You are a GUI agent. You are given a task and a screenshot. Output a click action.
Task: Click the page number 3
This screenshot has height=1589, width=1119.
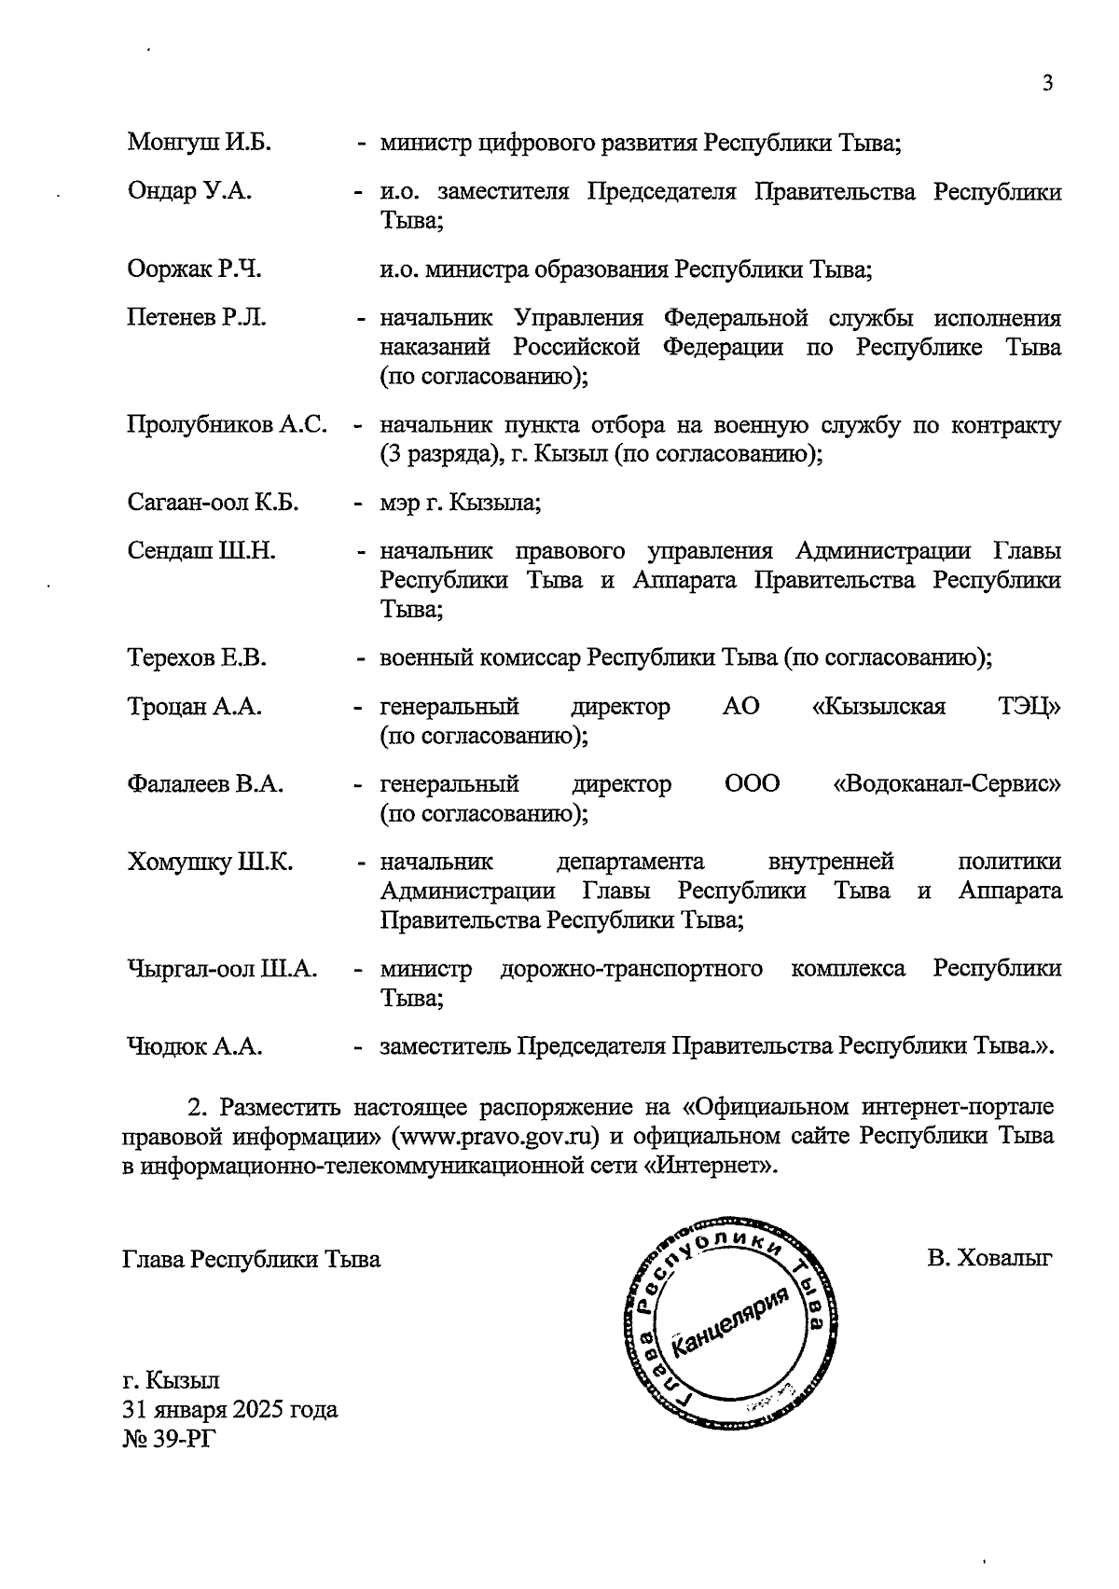pyautogui.click(x=1047, y=83)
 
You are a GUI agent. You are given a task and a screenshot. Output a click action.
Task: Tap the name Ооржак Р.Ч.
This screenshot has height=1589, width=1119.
pyautogui.click(x=194, y=269)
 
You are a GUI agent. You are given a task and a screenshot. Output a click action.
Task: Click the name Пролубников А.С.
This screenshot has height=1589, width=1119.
pyautogui.click(x=227, y=425)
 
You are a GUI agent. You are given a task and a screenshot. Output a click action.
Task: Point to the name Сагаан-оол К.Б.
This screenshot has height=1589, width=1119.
pyautogui.click(x=213, y=504)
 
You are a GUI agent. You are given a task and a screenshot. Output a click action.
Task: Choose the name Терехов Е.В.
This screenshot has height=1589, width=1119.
pyautogui.click(x=197, y=658)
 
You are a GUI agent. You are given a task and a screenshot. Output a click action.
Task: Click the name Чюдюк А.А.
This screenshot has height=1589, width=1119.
pyautogui.click(x=194, y=1047)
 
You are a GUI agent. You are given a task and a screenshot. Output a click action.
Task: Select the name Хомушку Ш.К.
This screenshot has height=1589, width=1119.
pyautogui.click(x=210, y=862)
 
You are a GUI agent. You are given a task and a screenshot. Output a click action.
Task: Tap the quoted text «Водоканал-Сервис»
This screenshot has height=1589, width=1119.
pyautogui.click(x=946, y=784)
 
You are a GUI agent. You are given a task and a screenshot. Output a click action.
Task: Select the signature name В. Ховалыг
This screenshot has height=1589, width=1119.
pyautogui.click(x=989, y=1259)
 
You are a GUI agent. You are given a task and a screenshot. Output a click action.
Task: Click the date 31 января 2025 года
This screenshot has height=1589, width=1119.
pyautogui.click(x=229, y=1409)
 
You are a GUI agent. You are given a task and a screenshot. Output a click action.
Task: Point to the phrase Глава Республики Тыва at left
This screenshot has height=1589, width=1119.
pyautogui.click(x=252, y=1259)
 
